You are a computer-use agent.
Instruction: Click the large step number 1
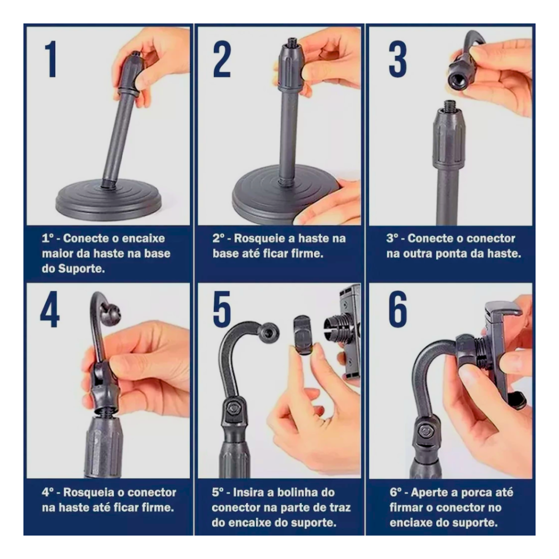pos(51,59)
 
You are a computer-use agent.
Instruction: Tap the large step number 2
pos(222,59)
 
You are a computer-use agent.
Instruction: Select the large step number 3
pos(397,59)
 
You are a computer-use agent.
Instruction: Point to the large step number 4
pos(50,309)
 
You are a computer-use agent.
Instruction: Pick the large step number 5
pos(221,309)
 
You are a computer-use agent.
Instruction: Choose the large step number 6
pos(397,309)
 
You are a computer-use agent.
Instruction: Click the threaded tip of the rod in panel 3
pos(448,105)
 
